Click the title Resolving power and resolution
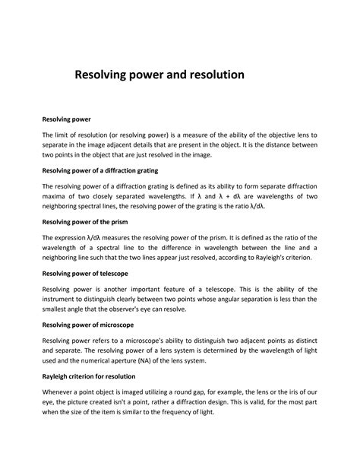(x=158, y=76)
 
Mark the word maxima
(x=55, y=196)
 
